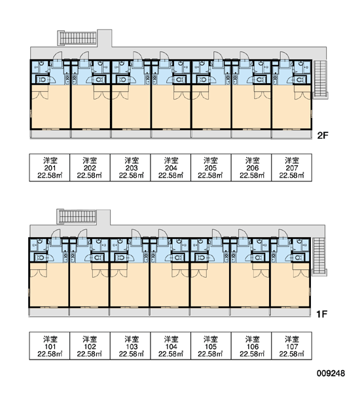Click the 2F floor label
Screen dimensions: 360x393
(323, 136)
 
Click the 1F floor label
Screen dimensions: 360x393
(321, 314)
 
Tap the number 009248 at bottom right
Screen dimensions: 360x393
(331, 373)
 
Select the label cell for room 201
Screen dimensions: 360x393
(50, 168)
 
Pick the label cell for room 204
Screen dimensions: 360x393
(171, 168)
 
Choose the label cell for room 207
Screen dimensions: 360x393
(292, 168)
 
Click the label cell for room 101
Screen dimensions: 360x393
(50, 346)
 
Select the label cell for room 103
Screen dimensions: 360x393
(130, 346)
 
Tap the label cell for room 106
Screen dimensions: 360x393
(251, 346)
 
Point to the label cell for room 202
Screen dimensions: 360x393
(90, 168)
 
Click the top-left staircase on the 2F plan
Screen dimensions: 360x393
(77, 38)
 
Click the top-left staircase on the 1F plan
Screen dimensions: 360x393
(77, 217)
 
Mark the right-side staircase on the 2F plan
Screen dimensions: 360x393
(321, 79)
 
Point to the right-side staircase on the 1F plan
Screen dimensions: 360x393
(319, 257)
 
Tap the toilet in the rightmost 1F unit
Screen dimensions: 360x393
(298, 257)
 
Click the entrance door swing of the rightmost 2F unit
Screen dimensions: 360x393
(284, 56)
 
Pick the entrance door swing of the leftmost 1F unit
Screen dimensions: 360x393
(56, 234)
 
